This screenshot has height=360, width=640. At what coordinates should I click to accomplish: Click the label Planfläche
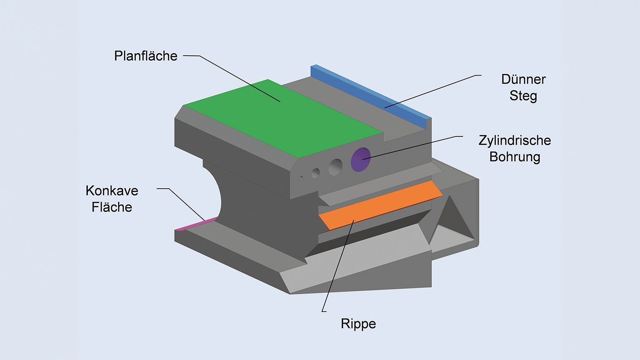pyautogui.click(x=146, y=56)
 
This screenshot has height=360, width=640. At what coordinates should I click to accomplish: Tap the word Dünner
pyautogui.click(x=523, y=79)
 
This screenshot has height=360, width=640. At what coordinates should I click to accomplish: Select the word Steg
pyautogui.click(x=523, y=96)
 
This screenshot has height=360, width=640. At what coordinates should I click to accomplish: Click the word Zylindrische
pyautogui.click(x=514, y=141)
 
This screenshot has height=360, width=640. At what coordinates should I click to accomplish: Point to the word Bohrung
pyautogui.click(x=514, y=157)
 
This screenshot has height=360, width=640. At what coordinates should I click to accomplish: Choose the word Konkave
pyautogui.click(x=112, y=191)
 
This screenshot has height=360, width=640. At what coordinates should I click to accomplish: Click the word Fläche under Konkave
pyautogui.click(x=112, y=207)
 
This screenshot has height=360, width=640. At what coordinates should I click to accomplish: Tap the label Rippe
pyautogui.click(x=358, y=324)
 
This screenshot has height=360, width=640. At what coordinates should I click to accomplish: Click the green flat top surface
pyautogui.click(x=278, y=118)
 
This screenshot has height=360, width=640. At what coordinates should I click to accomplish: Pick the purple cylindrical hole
pyautogui.click(x=361, y=160)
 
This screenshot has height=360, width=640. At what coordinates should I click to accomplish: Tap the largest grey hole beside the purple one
pyautogui.click(x=335, y=167)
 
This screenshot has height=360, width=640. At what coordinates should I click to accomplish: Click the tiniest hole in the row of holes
pyautogui.click(x=301, y=178)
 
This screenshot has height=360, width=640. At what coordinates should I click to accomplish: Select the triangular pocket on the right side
pyautogui.click(x=451, y=224)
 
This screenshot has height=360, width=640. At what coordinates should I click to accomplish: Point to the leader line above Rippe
pyautogui.click(x=338, y=266)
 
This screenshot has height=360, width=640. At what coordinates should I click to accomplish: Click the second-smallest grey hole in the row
pyautogui.click(x=316, y=173)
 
